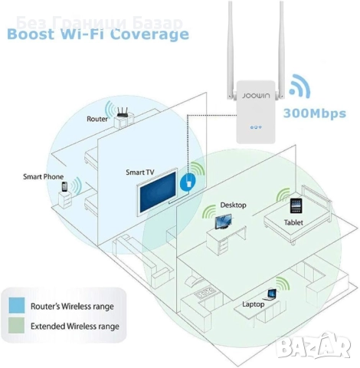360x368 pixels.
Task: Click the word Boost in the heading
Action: coord(33,34)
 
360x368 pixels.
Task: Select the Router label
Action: coord(97,120)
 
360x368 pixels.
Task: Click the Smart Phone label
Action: coord(43,176)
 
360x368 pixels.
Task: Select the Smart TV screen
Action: coord(157,194)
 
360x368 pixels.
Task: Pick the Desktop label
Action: coord(233,205)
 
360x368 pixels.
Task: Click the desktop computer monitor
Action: coord(223,223)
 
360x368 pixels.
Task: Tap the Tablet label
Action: coord(297,222)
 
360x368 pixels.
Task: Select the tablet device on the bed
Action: coord(296,205)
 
